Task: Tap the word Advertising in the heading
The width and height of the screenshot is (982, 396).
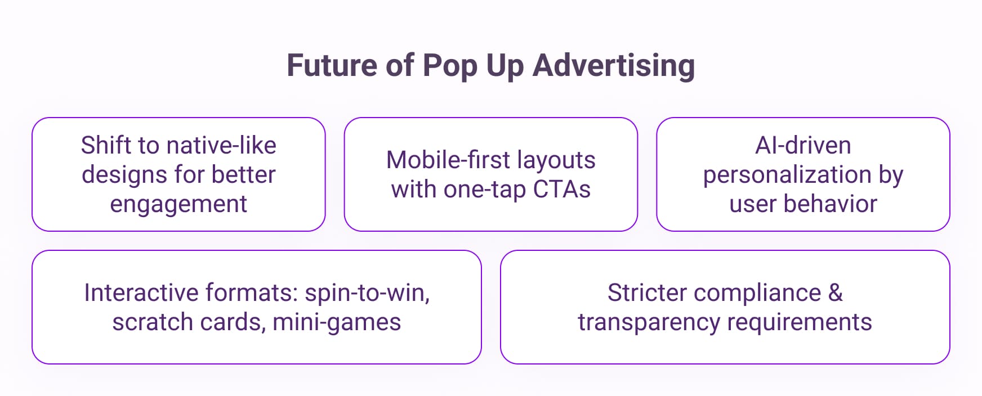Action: click(x=614, y=66)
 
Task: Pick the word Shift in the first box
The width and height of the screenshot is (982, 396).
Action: click(x=108, y=145)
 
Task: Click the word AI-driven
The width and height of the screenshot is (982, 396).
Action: click(x=803, y=145)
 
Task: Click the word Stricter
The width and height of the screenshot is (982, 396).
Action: click(x=647, y=292)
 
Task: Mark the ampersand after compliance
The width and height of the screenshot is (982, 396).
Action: click(x=836, y=292)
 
